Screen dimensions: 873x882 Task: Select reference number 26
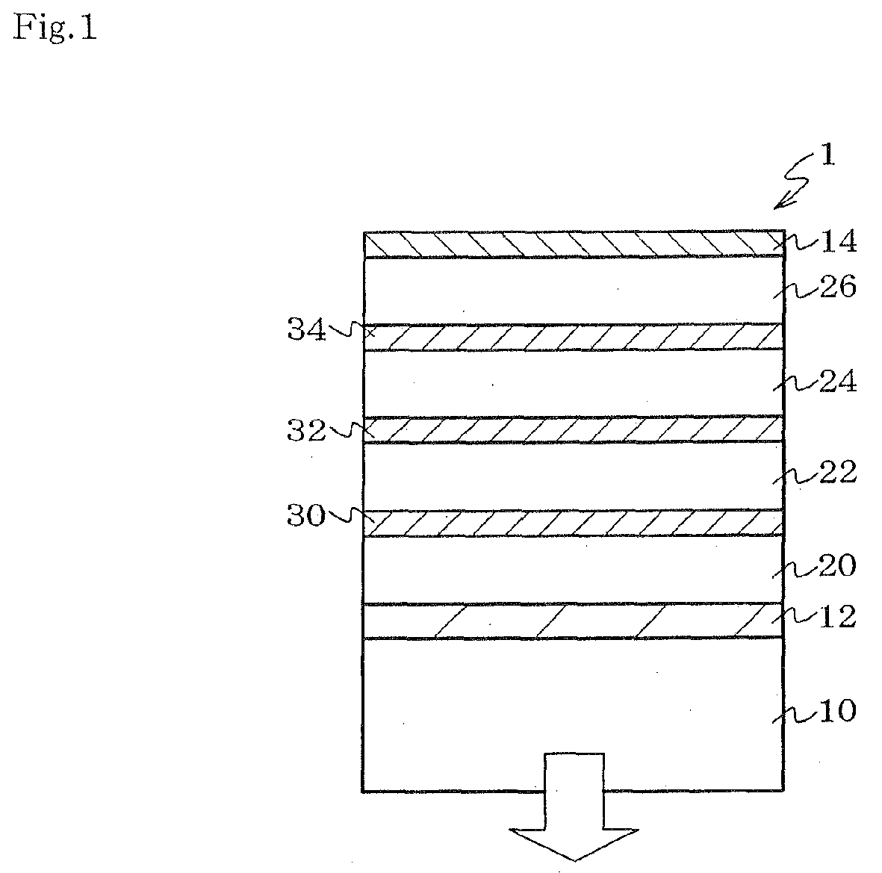[836, 286]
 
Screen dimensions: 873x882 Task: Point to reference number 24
[836, 382]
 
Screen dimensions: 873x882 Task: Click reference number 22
[836, 472]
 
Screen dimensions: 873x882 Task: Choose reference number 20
[836, 566]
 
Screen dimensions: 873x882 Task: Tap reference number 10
[836, 711]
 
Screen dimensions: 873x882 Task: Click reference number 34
[306, 330]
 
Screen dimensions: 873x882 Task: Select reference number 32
[306, 431]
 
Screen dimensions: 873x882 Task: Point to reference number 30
[306, 515]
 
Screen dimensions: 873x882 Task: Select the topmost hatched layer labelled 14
[573, 245]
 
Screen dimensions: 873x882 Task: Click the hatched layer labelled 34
[573, 338]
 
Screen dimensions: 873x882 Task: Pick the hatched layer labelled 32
[573, 429]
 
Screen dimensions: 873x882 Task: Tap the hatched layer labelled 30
[573, 523]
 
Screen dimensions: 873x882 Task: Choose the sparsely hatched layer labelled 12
[573, 621]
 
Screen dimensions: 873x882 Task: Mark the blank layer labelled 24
[573, 383]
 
